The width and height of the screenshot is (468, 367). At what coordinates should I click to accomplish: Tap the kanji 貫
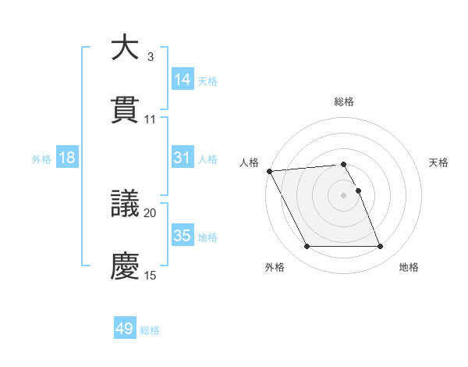[x=126, y=109]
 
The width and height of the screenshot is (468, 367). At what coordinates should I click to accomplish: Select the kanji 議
[x=126, y=203]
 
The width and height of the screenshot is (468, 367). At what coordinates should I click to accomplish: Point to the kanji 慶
[x=126, y=265]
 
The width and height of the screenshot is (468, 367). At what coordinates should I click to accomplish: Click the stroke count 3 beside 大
[x=151, y=57]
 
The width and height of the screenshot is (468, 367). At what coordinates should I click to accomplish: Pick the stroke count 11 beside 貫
[x=151, y=119]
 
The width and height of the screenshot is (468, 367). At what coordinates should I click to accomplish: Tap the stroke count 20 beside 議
[x=151, y=212]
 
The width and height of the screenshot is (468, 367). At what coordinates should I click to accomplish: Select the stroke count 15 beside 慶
[x=151, y=275]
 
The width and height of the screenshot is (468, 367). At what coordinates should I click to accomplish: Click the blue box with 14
[x=182, y=79]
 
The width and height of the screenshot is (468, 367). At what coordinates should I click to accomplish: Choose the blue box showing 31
[x=182, y=158]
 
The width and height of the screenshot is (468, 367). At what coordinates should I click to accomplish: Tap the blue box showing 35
[x=182, y=235]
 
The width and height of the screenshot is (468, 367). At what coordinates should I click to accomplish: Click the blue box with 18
[x=67, y=158]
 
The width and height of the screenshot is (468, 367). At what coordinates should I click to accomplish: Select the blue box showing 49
[x=125, y=329]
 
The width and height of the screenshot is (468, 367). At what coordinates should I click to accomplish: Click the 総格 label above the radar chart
[x=344, y=102]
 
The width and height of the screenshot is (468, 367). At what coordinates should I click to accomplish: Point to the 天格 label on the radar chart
[x=439, y=162]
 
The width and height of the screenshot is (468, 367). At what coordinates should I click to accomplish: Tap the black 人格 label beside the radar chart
[x=249, y=162]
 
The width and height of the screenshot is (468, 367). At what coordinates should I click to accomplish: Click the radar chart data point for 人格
[x=269, y=171]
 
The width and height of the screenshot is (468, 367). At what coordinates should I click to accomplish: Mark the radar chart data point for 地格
[x=380, y=247]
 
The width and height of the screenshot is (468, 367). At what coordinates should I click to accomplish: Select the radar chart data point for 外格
[x=307, y=247]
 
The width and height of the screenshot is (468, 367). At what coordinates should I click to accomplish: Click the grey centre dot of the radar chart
[x=344, y=195]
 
